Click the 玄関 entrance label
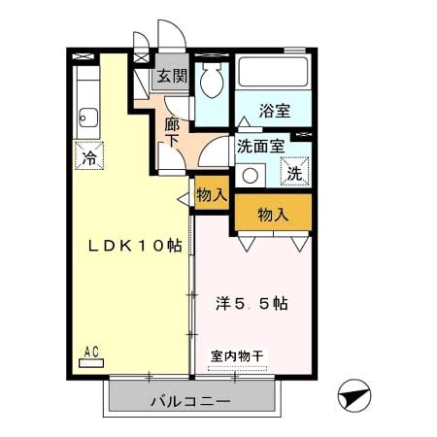click(174, 77)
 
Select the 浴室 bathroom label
click(274, 111)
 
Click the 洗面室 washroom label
click(260, 147)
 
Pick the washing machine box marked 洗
click(293, 174)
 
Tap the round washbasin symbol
click(251, 176)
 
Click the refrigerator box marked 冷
click(88, 154)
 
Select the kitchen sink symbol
click(87, 119)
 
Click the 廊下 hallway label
click(172, 132)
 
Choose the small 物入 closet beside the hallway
click(211, 193)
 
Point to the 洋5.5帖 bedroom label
click(251, 303)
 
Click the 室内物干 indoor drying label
click(237, 356)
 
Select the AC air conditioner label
click(92, 352)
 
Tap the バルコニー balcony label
click(190, 401)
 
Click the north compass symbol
click(354, 396)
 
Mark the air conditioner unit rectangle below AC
click(92, 363)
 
